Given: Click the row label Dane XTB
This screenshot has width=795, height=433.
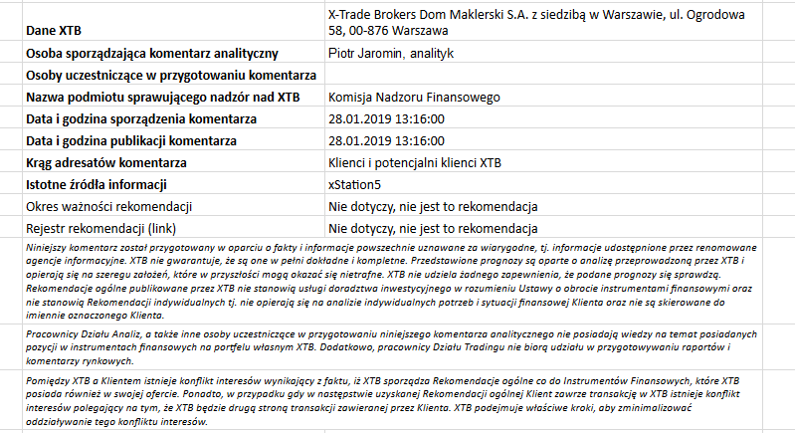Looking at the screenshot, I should click(x=54, y=31).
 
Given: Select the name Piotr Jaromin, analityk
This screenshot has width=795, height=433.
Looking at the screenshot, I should click(x=390, y=53).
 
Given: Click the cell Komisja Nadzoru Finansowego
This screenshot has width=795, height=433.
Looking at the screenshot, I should click(x=413, y=97).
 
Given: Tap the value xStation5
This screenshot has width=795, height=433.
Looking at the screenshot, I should click(x=354, y=184).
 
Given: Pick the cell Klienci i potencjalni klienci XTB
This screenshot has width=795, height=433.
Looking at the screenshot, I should click(x=416, y=162).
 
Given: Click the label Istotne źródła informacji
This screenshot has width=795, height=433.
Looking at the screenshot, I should click(x=96, y=184).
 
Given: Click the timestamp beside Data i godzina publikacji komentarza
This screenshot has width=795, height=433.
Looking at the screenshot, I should click(x=386, y=140).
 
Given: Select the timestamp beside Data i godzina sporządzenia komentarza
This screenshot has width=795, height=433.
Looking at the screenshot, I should click(x=386, y=118).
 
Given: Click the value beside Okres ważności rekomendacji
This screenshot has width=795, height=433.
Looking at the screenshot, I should click(x=433, y=206).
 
